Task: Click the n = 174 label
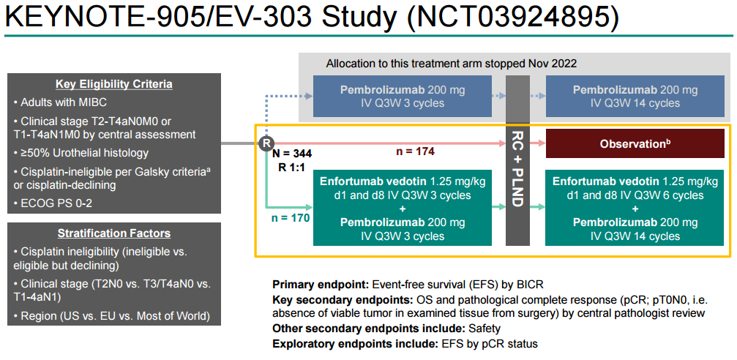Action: tap(415, 151)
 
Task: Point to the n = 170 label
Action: tap(289, 217)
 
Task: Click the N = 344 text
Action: tap(291, 154)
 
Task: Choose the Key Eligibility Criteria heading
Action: tap(113, 84)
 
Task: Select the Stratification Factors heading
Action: tap(113, 233)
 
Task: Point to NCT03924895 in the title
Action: tap(517, 18)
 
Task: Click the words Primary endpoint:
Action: tap(321, 284)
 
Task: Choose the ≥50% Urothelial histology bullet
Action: tap(83, 153)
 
